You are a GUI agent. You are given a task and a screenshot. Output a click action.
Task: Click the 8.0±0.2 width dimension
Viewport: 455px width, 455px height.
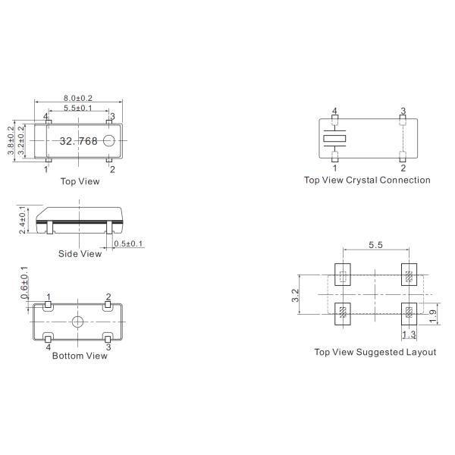coord(79,99)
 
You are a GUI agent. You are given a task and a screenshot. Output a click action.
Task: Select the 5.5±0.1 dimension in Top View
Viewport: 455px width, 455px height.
coord(79,109)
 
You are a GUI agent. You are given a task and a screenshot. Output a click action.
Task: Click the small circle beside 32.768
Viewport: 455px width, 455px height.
coord(109,140)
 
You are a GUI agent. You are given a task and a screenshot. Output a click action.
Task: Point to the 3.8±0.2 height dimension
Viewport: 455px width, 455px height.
coord(11,140)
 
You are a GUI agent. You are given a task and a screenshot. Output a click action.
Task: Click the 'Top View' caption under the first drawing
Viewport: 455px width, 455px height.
coord(80,181)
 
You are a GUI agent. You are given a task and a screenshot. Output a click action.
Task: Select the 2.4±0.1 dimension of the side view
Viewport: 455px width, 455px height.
coord(23,218)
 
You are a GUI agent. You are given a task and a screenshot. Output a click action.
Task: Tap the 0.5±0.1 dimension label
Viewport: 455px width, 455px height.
coord(128,243)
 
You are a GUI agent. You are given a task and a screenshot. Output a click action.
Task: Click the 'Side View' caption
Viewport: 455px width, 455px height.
coord(80,254)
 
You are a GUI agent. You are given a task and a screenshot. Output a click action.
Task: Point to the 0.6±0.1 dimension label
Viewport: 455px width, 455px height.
coord(24,281)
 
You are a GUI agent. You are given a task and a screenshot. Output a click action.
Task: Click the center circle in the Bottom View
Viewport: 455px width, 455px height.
coord(78,322)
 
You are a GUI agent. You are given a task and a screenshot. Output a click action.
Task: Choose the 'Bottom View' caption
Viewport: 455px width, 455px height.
coord(80,355)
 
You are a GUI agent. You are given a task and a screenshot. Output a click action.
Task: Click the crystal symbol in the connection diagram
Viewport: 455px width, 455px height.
coord(334,139)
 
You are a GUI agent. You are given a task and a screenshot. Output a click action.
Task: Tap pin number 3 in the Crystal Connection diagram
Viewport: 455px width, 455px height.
coord(403,111)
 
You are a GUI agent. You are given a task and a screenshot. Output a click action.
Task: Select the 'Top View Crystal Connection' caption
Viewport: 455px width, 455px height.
coord(367,180)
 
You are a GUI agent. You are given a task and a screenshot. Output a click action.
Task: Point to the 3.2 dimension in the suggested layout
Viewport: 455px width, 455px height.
coord(295,294)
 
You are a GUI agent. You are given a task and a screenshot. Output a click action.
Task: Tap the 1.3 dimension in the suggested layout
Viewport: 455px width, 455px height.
coord(409,334)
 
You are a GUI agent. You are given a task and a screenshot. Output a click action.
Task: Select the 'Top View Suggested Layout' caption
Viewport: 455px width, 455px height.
coord(375,352)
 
